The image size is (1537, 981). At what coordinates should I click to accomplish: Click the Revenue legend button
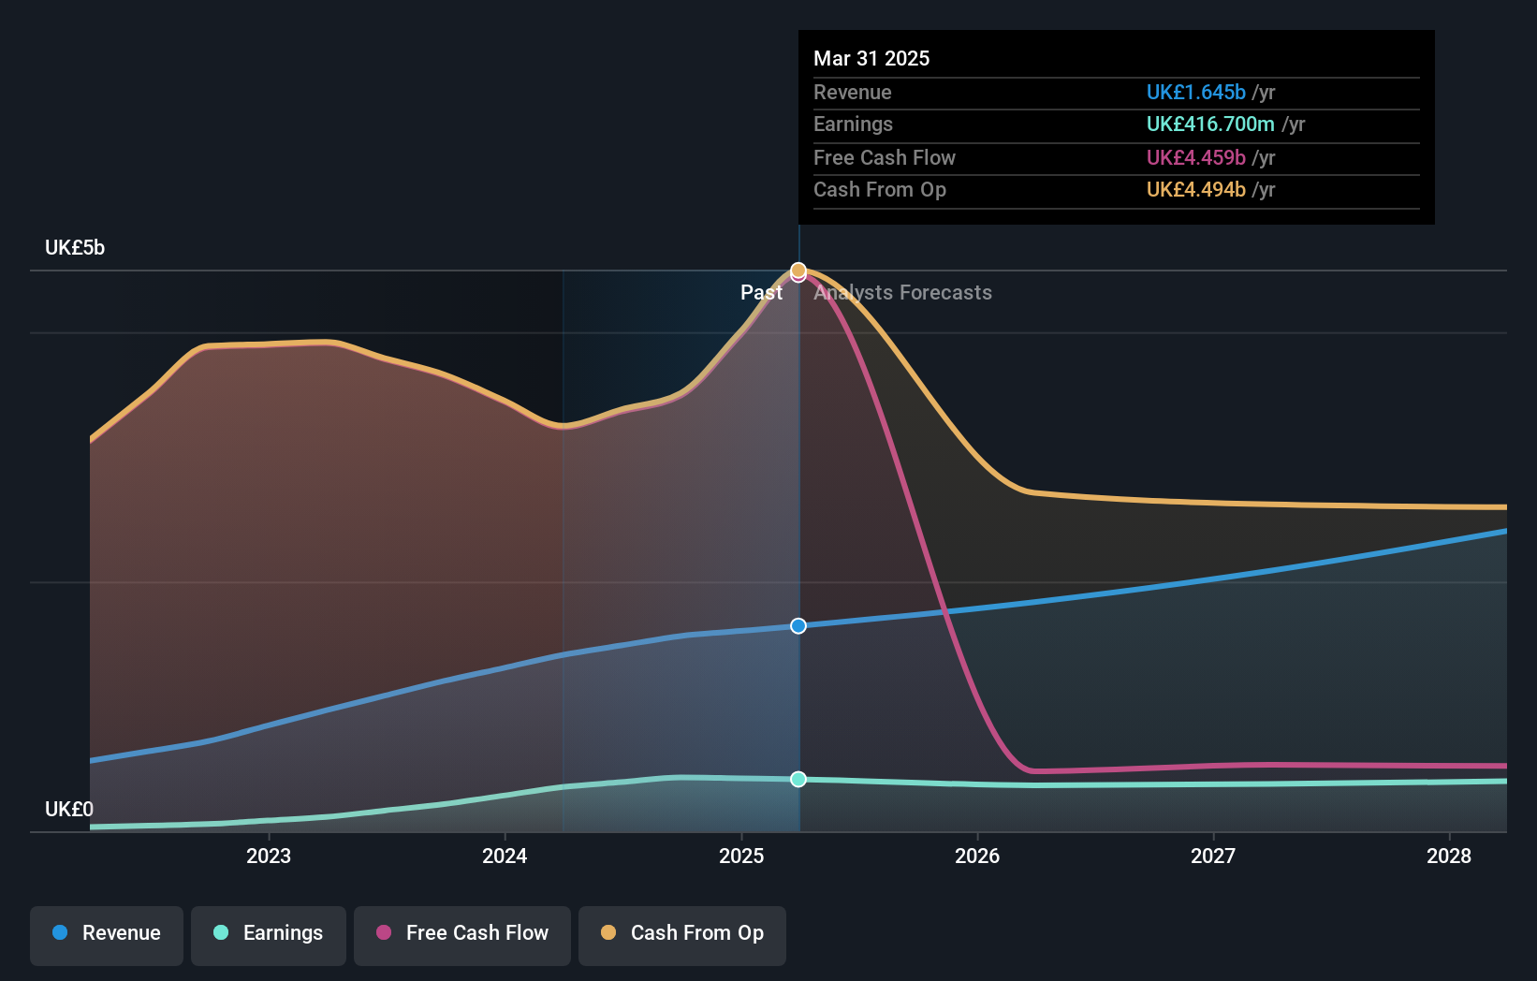[x=107, y=933]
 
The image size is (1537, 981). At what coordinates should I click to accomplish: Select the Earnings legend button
[x=269, y=933]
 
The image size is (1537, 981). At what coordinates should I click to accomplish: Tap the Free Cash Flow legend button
[x=462, y=933]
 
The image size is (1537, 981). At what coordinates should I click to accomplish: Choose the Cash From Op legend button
[x=682, y=933]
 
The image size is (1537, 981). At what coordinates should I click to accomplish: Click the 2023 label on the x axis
[x=269, y=856]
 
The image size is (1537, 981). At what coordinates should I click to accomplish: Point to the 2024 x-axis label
[x=505, y=856]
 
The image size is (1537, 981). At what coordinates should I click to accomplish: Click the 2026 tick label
[x=977, y=856]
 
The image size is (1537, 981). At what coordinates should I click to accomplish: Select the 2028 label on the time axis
[x=1449, y=856]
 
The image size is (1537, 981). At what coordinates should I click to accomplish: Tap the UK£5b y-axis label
[x=75, y=248]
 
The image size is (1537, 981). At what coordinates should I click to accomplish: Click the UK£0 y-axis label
[x=69, y=809]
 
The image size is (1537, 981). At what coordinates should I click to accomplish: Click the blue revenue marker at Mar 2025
[x=798, y=625]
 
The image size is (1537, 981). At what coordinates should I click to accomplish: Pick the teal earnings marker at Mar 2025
[x=798, y=779]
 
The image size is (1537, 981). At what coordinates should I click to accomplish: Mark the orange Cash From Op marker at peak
[x=798, y=270]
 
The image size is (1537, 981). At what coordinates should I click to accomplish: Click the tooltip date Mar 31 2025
[x=871, y=58]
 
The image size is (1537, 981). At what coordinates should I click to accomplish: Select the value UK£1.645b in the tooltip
[x=1195, y=92]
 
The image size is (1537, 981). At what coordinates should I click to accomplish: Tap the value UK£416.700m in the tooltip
[x=1210, y=124]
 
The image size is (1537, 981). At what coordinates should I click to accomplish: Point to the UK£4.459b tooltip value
[x=1195, y=157]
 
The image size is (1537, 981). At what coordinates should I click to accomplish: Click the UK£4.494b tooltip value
[x=1195, y=189]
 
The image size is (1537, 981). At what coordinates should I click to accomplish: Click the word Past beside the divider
[x=761, y=292]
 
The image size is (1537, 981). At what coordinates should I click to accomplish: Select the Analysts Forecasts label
[x=902, y=292]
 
